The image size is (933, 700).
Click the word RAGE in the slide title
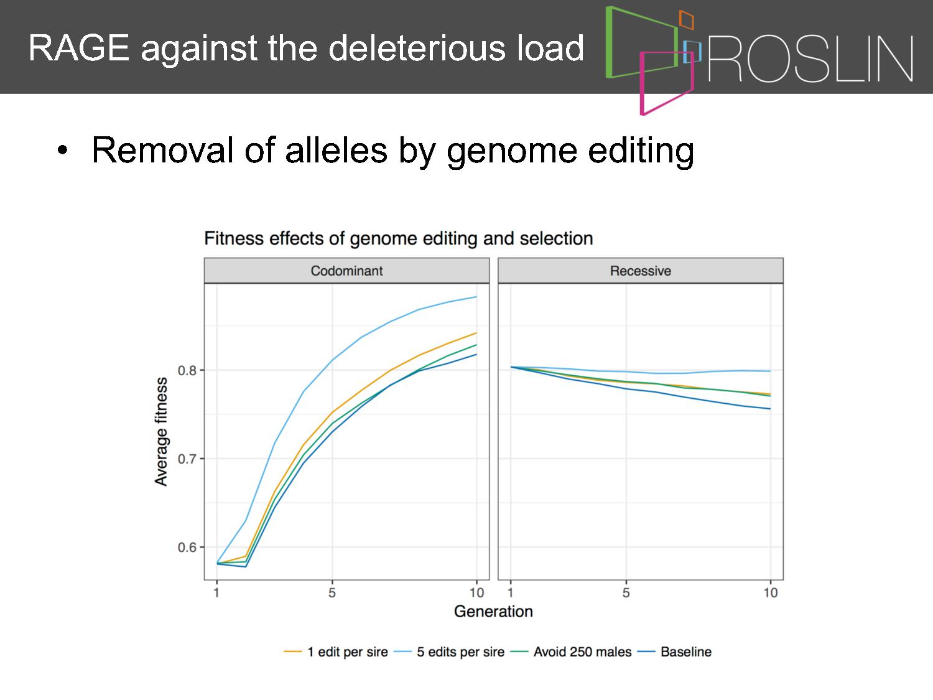tap(79, 48)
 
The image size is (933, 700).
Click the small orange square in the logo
tap(687, 19)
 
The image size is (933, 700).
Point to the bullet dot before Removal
tap(62, 150)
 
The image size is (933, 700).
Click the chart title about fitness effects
tap(398, 238)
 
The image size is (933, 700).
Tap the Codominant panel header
tap(346, 271)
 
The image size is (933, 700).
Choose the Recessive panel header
tap(641, 271)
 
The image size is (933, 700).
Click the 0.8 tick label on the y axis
tap(187, 371)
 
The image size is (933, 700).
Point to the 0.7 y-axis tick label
tap(187, 459)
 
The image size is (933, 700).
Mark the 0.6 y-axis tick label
tap(187, 548)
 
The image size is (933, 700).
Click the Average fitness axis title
tap(161, 431)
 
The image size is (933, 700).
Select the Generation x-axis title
tap(493, 612)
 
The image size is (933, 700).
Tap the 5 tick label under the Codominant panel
tap(332, 592)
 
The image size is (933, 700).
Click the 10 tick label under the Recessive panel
tap(770, 592)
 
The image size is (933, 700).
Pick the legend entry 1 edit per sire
tap(336, 652)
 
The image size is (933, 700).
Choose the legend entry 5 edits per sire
tap(449, 652)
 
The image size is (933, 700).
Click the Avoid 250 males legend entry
tap(571, 652)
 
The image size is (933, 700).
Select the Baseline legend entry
tap(675, 652)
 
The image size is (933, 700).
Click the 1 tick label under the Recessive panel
tap(511, 592)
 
